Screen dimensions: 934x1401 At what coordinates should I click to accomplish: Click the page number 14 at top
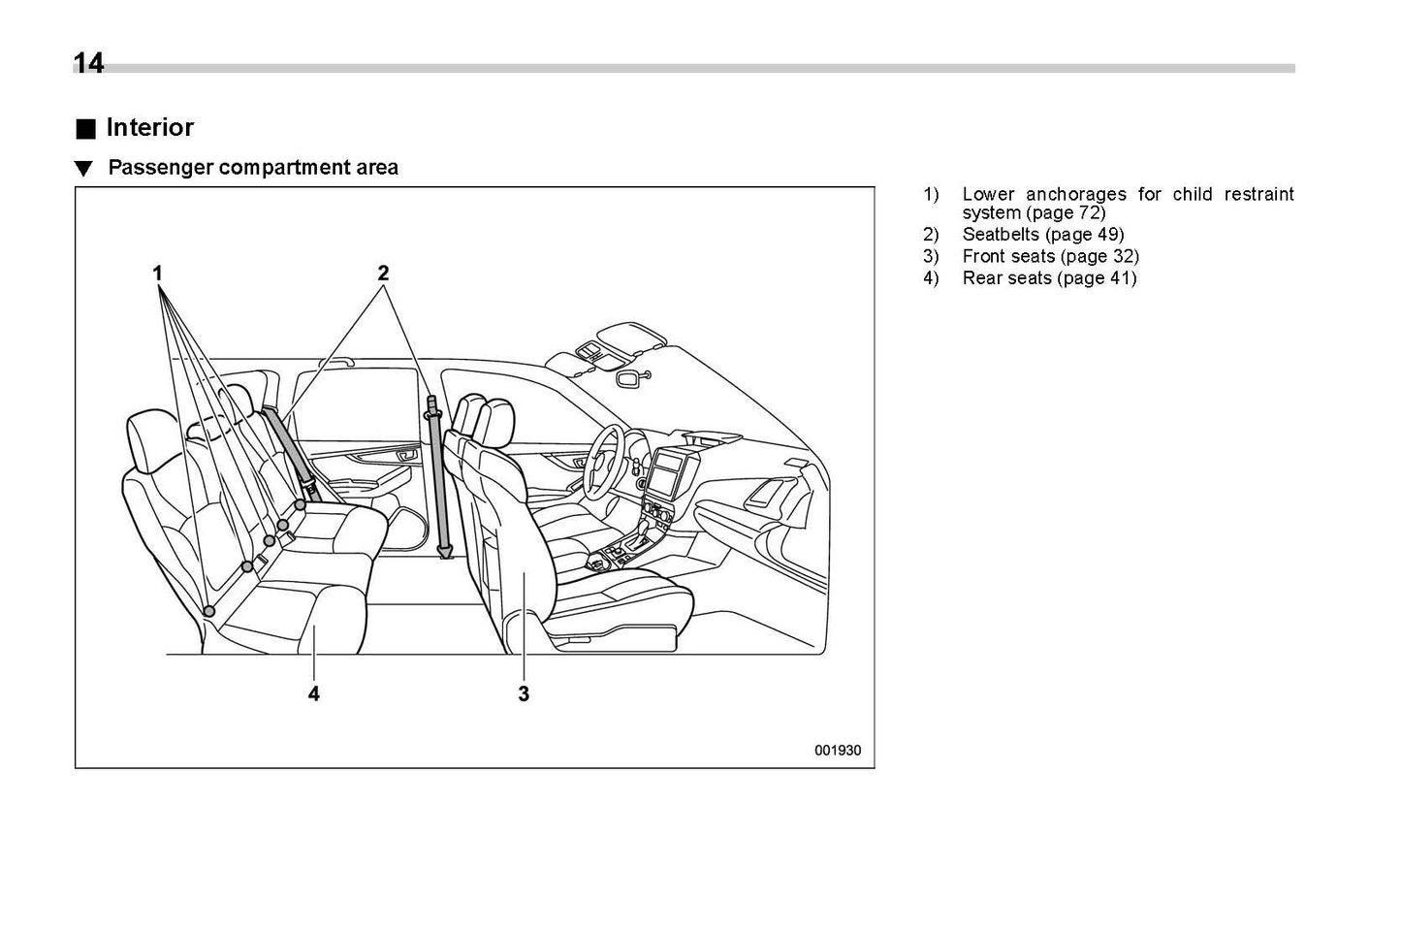pyautogui.click(x=88, y=63)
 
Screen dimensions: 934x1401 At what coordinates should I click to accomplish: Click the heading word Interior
pyautogui.click(x=149, y=128)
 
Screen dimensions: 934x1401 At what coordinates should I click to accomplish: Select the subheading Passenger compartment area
pyautogui.click(x=252, y=168)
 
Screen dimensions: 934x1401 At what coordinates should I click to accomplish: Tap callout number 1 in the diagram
pyautogui.click(x=157, y=274)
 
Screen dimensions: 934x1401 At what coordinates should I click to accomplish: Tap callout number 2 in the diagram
pyautogui.click(x=383, y=274)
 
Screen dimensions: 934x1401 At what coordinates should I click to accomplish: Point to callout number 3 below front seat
pyautogui.click(x=524, y=694)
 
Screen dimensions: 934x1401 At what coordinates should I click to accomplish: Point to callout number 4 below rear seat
pyautogui.click(x=314, y=694)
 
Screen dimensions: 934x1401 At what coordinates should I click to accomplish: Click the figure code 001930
pyautogui.click(x=837, y=750)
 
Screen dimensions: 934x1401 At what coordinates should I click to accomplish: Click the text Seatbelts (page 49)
pyautogui.click(x=1042, y=235)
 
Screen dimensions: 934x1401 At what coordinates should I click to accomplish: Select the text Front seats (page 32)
pyautogui.click(x=1050, y=257)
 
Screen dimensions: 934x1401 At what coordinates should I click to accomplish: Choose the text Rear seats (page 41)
pyautogui.click(x=1049, y=279)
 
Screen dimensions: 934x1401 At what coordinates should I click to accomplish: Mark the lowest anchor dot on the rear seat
pyautogui.click(x=209, y=610)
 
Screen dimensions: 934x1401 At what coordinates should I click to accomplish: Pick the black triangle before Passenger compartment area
pyautogui.click(x=84, y=169)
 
